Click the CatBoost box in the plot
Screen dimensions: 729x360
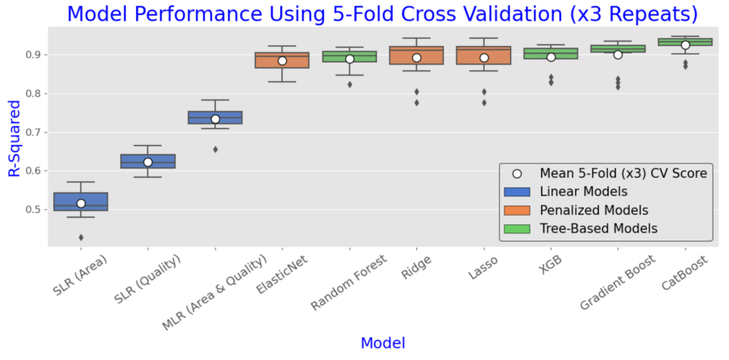click(x=685, y=42)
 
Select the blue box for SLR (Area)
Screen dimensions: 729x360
click(x=81, y=201)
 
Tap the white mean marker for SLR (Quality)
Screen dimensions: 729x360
click(x=148, y=162)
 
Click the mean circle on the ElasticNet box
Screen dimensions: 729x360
click(x=282, y=61)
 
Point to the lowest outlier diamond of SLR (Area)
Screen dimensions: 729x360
click(x=81, y=238)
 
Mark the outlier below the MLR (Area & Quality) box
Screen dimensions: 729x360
click(x=215, y=149)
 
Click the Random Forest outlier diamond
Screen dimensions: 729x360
click(x=350, y=85)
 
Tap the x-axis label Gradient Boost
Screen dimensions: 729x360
click(x=619, y=283)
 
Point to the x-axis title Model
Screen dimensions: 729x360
click(x=382, y=343)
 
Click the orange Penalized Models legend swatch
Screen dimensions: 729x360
click(x=517, y=211)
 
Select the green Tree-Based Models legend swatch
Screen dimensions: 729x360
click(x=517, y=228)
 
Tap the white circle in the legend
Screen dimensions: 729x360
click(x=517, y=174)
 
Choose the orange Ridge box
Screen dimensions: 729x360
click(x=416, y=55)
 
